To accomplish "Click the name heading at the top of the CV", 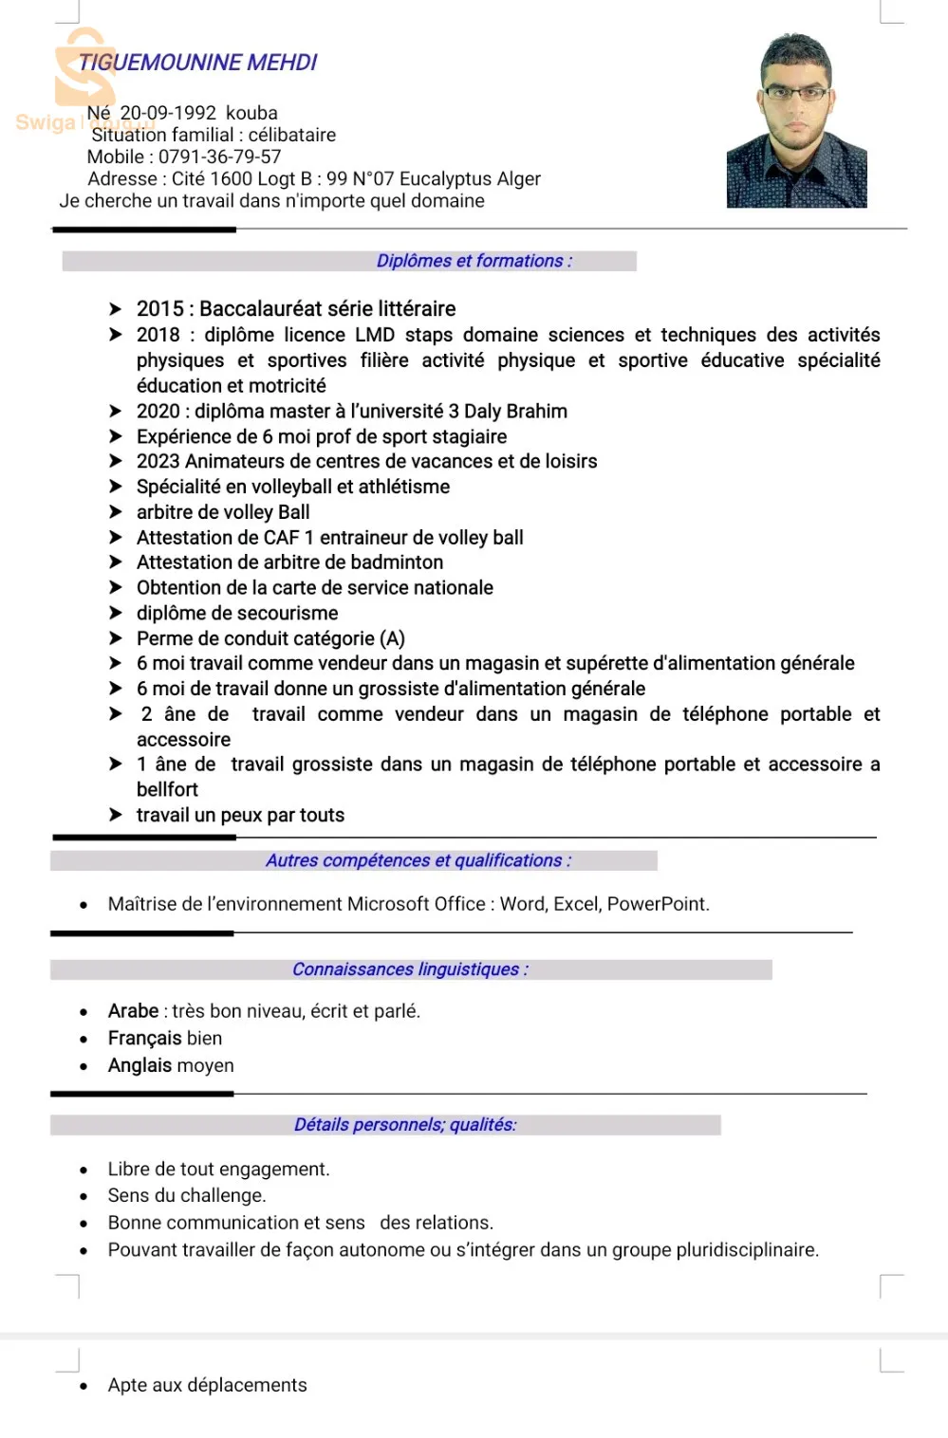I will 197,63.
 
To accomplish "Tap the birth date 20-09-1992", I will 168,113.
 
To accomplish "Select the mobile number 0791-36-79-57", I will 219,157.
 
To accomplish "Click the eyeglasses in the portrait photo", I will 795,93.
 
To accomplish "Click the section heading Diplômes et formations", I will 474,261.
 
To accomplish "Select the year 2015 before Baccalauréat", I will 159,309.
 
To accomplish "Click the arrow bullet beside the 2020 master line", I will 115,411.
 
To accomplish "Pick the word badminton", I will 396,562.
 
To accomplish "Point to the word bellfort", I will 167,789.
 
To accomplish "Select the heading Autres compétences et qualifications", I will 418,860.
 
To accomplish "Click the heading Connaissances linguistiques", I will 409,969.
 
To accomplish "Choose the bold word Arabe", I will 133,1011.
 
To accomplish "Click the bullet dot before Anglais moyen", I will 84,1066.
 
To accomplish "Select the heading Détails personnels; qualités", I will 405,1125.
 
